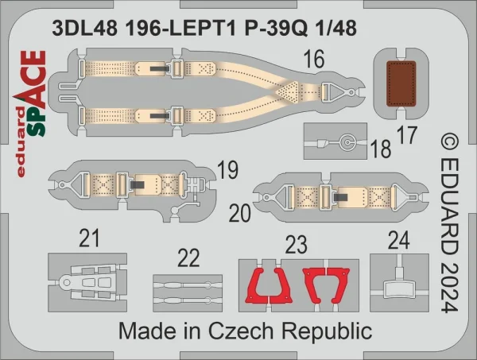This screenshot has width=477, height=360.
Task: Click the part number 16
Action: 314,60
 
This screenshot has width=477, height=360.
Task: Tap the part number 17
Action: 407,135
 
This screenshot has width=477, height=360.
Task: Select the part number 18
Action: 381,149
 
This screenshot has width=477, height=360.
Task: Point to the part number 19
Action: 228,171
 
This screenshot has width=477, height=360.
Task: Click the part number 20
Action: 240,213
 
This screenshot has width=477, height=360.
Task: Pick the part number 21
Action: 89,238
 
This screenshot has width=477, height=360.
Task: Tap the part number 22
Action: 188,258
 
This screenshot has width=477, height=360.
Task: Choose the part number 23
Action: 296,245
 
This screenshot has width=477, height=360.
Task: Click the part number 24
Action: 399,241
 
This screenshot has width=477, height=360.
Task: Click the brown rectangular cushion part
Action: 401,83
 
